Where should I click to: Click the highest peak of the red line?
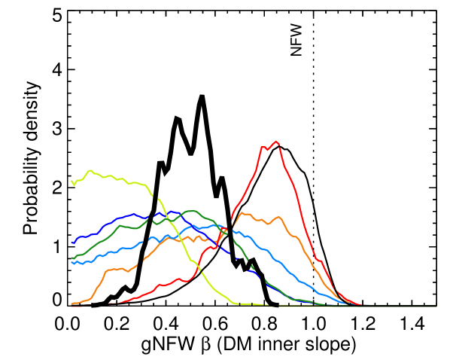(277, 141)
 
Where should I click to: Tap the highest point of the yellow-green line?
(90, 170)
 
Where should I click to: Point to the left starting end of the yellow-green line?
(71, 181)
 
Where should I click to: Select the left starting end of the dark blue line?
(71, 243)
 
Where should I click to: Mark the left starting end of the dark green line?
(71, 258)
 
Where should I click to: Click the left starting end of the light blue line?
(71, 263)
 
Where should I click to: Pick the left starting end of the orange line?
(71, 304)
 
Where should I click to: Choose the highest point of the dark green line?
(192, 211)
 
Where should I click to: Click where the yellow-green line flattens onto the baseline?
(236, 304)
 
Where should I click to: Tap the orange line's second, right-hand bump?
(278, 217)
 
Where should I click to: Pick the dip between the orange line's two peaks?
(265, 222)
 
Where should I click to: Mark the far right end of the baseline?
(436, 307)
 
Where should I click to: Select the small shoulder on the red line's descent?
(319, 261)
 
